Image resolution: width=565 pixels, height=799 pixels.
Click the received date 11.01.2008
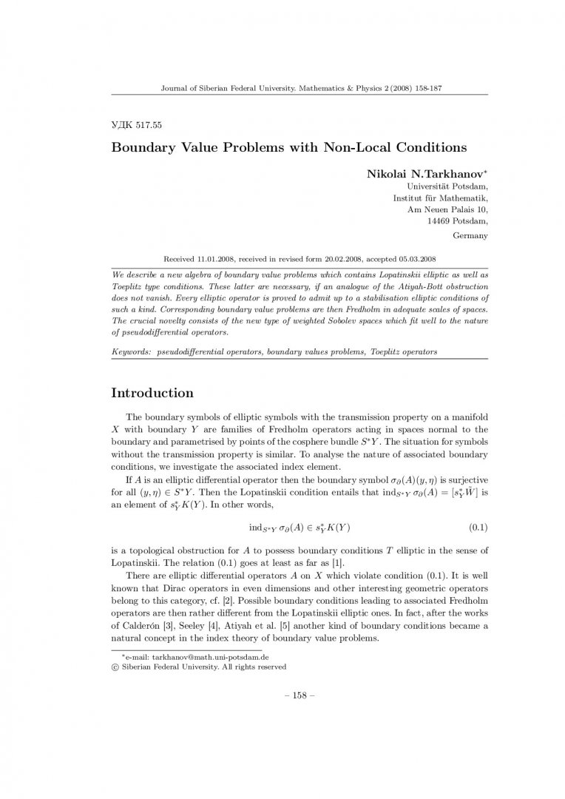pos(217,260)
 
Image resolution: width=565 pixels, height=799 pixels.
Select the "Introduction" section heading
pos(152,393)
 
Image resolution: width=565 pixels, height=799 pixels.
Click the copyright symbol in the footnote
pos(115,666)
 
